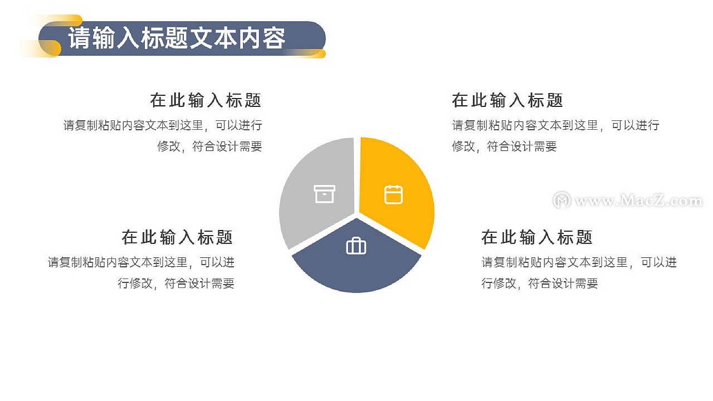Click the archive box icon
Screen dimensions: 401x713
point(324,194)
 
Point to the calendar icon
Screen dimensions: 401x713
point(393,194)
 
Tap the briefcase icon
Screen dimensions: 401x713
point(356,246)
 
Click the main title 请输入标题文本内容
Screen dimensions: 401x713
point(177,38)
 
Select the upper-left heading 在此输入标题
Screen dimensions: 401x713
point(206,101)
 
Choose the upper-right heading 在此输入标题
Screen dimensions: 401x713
point(507,101)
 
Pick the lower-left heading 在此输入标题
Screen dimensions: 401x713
point(177,237)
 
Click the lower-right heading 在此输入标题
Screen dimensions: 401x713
point(537,237)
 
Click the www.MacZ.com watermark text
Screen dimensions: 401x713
point(638,201)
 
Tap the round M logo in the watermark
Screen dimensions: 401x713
point(561,200)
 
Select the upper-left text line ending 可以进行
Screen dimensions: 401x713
point(163,125)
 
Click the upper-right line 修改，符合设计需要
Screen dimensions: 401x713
point(504,146)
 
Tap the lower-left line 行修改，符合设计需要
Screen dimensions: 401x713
point(176,283)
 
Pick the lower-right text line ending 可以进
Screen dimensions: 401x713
point(579,262)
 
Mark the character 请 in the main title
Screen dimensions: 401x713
point(79,38)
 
